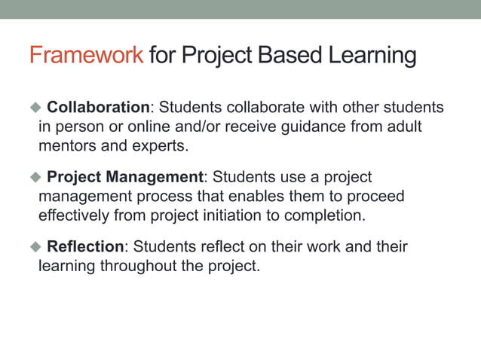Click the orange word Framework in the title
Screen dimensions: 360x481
click(86, 56)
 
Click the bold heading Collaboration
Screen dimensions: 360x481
click(98, 108)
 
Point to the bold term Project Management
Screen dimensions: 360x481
click(125, 177)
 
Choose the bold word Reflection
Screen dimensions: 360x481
click(85, 246)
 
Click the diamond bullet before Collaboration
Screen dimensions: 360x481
click(34, 108)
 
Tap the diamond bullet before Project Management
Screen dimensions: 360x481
click(34, 177)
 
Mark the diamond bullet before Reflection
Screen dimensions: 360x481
click(34, 246)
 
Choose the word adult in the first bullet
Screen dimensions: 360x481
click(403, 127)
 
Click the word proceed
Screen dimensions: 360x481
click(376, 196)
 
